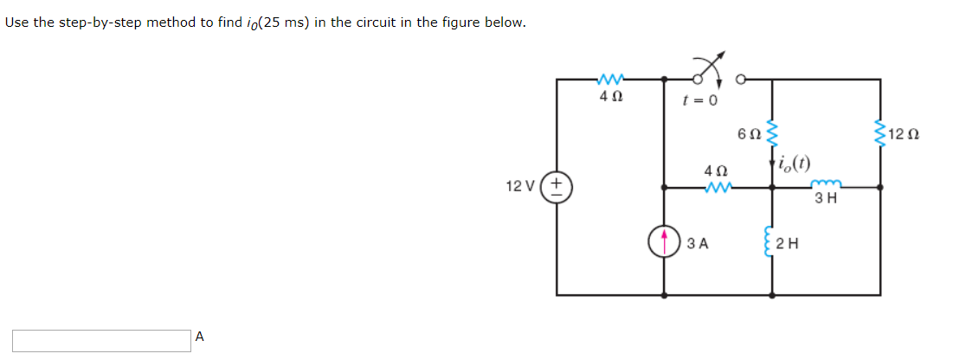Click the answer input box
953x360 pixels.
(101, 340)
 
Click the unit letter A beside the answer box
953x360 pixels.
(200, 337)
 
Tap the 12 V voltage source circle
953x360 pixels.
(557, 186)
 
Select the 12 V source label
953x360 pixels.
(522, 186)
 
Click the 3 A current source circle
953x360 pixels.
(664, 241)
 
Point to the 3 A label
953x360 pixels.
(698, 243)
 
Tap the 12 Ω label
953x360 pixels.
(905, 136)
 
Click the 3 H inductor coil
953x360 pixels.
(825, 183)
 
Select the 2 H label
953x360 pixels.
(789, 243)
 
